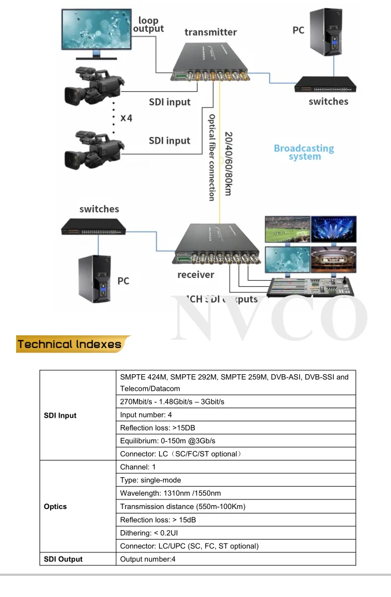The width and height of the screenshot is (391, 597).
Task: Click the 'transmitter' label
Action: point(210,32)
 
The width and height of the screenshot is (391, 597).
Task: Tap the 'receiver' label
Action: point(195,275)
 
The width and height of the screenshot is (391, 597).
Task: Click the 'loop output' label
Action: point(148,25)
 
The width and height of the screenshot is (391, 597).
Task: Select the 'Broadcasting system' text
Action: point(304,152)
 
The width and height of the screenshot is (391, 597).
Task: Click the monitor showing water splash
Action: point(97,31)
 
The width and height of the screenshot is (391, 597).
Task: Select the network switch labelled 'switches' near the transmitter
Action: point(325,84)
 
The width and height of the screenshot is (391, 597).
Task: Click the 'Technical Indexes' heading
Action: point(70,344)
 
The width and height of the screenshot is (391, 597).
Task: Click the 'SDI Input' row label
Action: point(60,415)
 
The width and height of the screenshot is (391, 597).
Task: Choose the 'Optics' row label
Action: point(55,506)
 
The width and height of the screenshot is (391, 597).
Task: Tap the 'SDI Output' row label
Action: point(63,559)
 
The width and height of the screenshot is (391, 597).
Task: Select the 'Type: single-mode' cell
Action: point(151,480)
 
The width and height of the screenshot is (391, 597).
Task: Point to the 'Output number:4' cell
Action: point(148,559)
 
